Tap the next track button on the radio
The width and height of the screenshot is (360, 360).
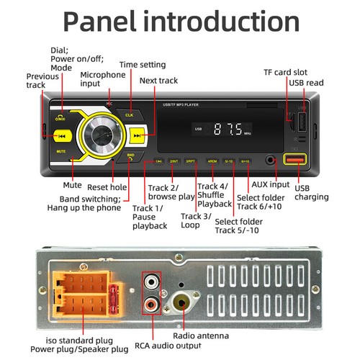pyautogui.click(x=138, y=135)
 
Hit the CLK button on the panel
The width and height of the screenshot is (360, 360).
pyautogui.click(x=129, y=114)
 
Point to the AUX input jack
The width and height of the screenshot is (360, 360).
pyautogui.click(x=270, y=161)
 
